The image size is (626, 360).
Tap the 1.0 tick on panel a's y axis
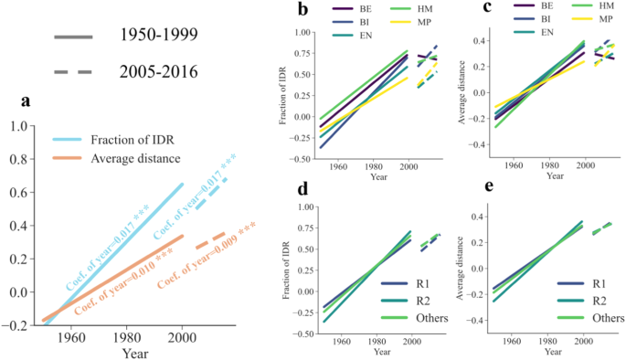click(19, 125)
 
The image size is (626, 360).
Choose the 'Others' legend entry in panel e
click(601, 319)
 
